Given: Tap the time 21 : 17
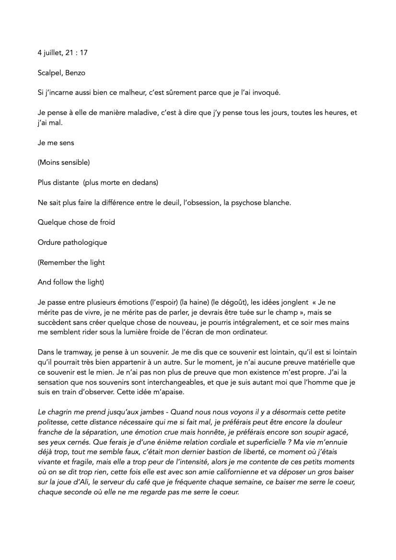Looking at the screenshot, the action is tap(76, 53).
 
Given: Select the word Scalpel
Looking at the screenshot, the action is tap(49, 73).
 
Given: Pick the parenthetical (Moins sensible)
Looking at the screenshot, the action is tap(64, 162).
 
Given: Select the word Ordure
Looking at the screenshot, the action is tap(50, 242).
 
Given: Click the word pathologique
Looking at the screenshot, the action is tap(86, 242).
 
